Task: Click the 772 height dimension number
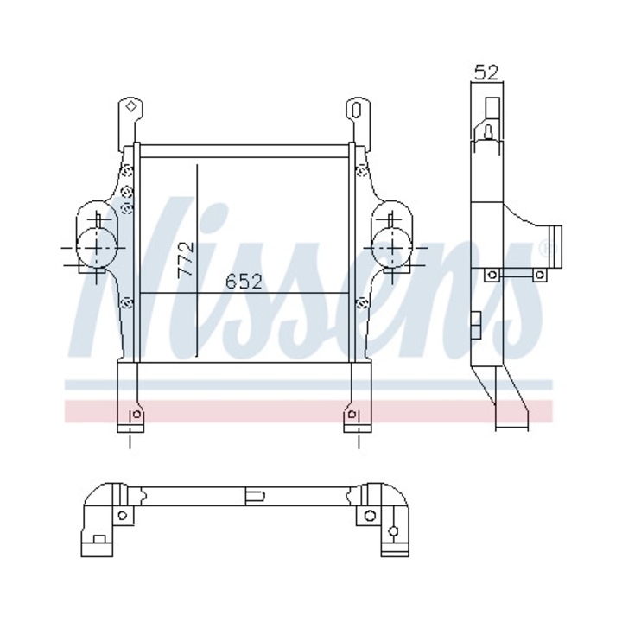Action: pyautogui.click(x=185, y=259)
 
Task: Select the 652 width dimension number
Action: pyautogui.click(x=244, y=282)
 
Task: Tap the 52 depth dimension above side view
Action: pyautogui.click(x=486, y=73)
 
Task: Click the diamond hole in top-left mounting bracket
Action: pyautogui.click(x=130, y=108)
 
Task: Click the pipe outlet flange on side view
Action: pyautogui.click(x=553, y=243)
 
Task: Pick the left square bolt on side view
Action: pyautogui.click(x=492, y=275)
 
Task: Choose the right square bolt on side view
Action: pyautogui.click(x=539, y=275)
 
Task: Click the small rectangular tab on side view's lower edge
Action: pyautogui.click(x=474, y=323)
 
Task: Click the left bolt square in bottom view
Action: pyautogui.click(x=122, y=516)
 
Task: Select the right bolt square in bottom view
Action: pyautogui.click(x=370, y=516)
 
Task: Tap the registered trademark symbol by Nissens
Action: pyautogui.click(x=543, y=250)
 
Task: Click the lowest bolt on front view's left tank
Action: pyautogui.click(x=127, y=302)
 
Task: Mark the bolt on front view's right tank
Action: pyautogui.click(x=362, y=302)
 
